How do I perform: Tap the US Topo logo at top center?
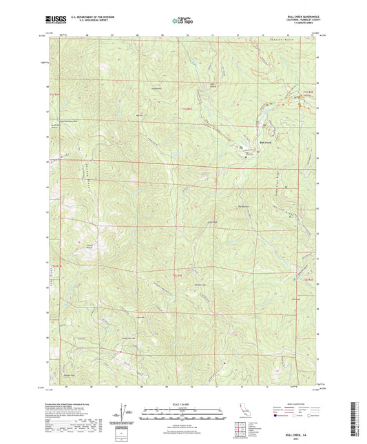click(x=183, y=21)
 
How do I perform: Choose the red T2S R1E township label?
click(x=178, y=276)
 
